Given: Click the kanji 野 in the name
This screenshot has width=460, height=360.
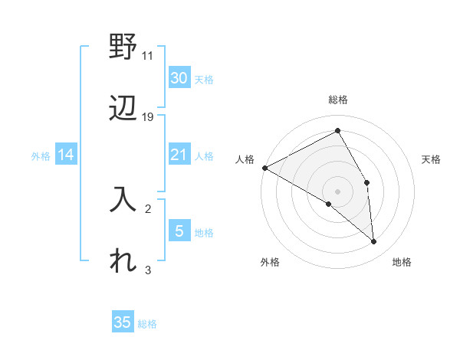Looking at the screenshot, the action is point(123,49).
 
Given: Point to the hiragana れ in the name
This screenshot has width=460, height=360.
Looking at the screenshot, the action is point(123,261).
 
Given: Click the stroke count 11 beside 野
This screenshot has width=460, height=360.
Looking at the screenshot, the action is point(148,56).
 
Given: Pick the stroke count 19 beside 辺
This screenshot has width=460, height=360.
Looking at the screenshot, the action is point(148,117).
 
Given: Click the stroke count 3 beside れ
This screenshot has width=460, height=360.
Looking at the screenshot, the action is point(148,270).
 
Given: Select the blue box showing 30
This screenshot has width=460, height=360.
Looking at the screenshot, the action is point(179,77).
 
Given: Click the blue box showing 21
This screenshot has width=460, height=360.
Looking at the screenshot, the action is point(179,155).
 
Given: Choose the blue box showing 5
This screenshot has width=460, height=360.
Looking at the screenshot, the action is point(179,231).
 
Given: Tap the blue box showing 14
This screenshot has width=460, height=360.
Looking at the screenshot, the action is point(66,155).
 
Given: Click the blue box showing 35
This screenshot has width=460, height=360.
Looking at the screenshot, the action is point(123,322).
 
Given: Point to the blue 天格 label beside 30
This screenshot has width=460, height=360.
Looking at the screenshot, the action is point(203,79).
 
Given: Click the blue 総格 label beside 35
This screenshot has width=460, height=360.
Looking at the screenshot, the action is point(147,324).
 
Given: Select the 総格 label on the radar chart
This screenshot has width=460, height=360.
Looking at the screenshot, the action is point(338,100).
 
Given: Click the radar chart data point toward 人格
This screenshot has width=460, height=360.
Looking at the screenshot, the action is point(264,167).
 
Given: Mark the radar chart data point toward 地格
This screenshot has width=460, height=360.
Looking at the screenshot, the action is point(374,241).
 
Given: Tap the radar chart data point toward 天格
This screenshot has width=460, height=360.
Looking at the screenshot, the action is point(367,182).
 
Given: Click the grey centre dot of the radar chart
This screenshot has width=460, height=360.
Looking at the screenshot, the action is point(338,191).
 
